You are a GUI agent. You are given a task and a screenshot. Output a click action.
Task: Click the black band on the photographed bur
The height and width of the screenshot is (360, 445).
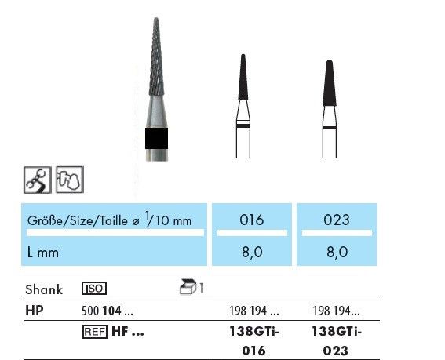tap(156, 139)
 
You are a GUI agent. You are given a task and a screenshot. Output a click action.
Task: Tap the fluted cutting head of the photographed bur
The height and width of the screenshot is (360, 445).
tap(156, 56)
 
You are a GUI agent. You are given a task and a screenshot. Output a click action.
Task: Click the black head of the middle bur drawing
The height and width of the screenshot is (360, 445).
tap(243, 77)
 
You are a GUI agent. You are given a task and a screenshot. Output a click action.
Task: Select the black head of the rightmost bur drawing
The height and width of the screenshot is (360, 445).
tap(330, 83)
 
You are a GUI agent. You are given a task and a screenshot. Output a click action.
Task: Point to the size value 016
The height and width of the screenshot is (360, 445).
tap(251, 220)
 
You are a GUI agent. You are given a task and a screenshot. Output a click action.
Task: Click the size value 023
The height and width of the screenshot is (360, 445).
tap(337, 220)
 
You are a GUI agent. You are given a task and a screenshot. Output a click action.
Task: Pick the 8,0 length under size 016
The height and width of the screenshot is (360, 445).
tap(252, 252)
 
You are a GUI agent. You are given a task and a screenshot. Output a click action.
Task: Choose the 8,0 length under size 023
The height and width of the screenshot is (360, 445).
tap(337, 252)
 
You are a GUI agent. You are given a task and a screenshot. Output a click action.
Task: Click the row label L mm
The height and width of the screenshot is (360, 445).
tap(43, 253)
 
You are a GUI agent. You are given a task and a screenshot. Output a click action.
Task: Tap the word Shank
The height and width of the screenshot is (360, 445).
tap(44, 289)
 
